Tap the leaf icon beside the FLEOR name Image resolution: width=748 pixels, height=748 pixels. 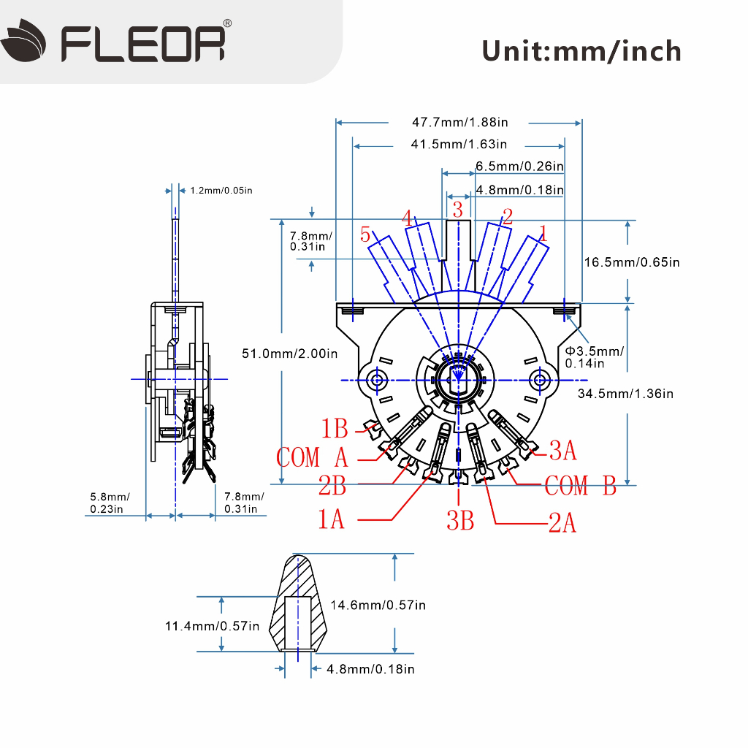click(24, 41)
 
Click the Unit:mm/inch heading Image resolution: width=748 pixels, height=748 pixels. click(581, 51)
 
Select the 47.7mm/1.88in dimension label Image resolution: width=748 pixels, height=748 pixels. click(460, 122)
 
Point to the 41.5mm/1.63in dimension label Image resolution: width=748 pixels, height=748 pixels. click(459, 144)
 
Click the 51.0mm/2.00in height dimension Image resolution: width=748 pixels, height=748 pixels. click(289, 354)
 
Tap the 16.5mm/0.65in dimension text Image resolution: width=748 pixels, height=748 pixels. click(632, 262)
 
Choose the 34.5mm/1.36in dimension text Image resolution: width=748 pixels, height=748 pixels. click(625, 394)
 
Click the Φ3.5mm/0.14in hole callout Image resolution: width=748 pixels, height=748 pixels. click(595, 356)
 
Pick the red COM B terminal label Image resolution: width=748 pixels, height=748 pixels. click(581, 486)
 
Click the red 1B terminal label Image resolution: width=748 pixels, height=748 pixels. click(335, 428)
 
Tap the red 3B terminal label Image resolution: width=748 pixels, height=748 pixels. click(460, 520)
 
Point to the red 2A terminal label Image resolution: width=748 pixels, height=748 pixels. click(562, 522)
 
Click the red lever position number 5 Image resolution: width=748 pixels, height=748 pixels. click(365, 234)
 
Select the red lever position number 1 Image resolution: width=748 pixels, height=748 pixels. click(543, 233)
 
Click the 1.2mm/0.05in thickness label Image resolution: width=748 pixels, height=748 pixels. click(221, 191)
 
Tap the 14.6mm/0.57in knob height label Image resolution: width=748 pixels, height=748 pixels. click(378, 605)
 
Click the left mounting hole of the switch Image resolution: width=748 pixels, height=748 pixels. click(378, 380)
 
